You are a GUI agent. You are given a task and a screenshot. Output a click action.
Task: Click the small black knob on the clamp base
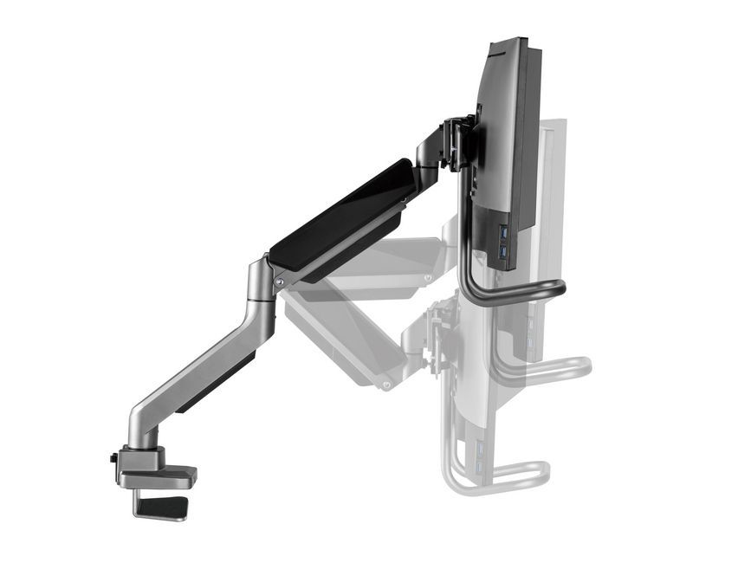point(113,458)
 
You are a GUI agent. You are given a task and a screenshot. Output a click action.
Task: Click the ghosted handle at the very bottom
point(498,476)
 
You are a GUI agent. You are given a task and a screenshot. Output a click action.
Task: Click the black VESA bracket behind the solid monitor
point(458,143)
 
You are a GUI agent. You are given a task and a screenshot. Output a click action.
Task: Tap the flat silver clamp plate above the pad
point(160,476)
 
